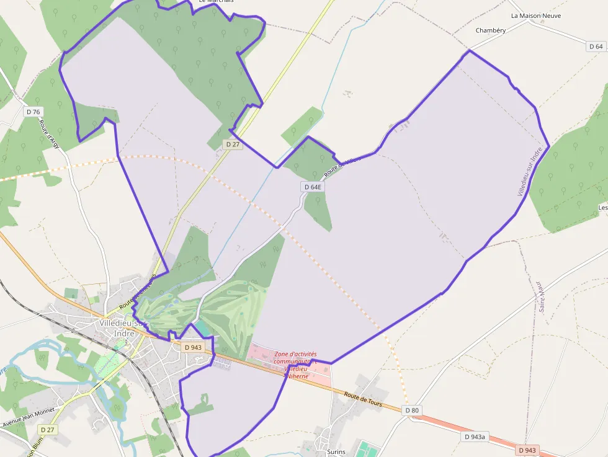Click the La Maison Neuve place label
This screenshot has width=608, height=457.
click(535, 16)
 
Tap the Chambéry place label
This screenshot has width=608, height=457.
click(491, 30)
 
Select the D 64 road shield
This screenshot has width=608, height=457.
click(596, 47)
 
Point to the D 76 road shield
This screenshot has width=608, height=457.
click(34, 112)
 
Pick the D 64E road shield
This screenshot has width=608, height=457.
click(313, 187)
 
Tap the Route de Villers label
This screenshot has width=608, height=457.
click(342, 166)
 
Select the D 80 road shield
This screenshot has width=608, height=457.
click(412, 410)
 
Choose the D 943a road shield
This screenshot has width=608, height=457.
click(476, 437)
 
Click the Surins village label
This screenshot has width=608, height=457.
click(336, 453)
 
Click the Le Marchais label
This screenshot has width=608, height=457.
click(216, 2)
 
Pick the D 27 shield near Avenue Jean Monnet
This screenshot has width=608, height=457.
click(47, 430)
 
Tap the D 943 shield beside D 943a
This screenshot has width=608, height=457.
click(527, 450)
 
